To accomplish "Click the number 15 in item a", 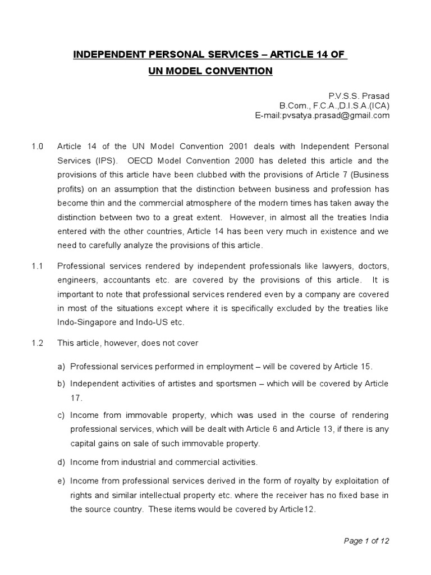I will click(366, 367).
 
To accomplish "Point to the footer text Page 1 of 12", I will click(365, 541).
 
